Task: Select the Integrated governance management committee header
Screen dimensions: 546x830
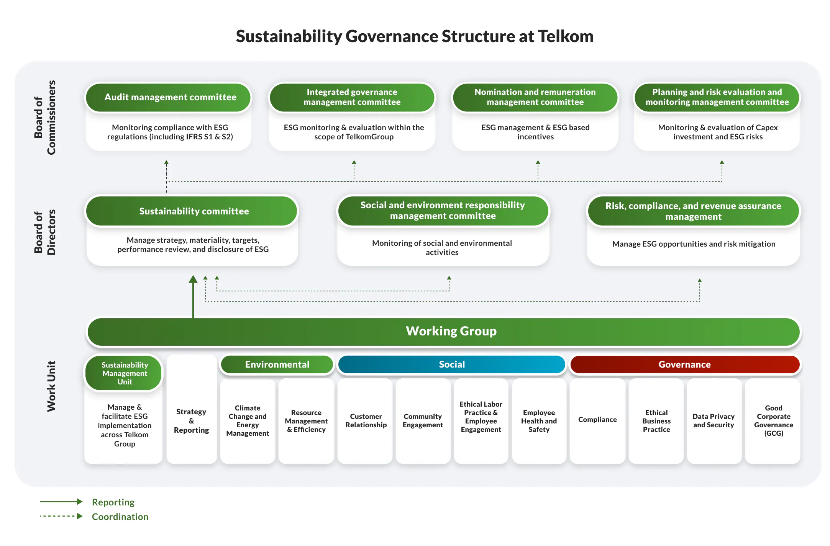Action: tap(352, 97)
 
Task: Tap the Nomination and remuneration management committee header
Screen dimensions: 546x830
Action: tap(535, 97)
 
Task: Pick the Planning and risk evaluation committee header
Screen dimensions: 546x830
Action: tap(717, 97)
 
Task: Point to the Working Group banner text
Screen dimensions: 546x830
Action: tap(451, 331)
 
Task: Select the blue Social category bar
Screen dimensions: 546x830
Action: tap(451, 365)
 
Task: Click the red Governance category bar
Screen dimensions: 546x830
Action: tap(684, 365)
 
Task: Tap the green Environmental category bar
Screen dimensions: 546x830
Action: tap(277, 365)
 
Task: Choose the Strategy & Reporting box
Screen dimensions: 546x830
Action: tap(191, 421)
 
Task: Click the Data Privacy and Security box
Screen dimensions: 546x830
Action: tap(714, 421)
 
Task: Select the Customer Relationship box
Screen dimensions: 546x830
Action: tap(366, 421)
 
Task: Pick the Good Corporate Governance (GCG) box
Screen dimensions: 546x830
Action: tap(773, 421)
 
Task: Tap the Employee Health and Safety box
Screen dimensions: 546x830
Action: tap(539, 421)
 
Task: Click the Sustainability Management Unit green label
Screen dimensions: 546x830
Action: tap(125, 373)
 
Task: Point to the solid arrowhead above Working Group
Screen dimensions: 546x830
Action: tap(193, 280)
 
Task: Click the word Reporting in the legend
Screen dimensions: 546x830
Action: tap(113, 502)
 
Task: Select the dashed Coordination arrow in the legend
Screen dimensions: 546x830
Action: tap(61, 516)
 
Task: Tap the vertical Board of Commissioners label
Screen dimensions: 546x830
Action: tap(45, 117)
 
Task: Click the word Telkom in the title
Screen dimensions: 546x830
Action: tap(566, 36)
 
